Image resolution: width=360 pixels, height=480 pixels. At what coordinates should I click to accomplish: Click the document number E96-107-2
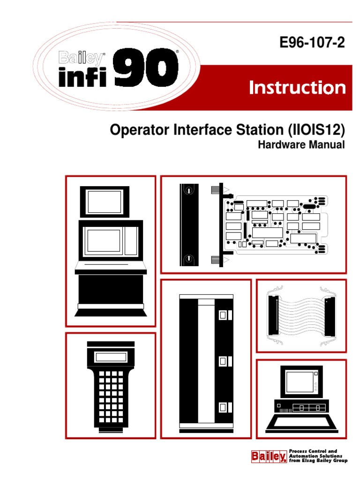[x=312, y=44]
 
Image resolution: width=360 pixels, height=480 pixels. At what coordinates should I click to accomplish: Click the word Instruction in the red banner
[x=297, y=88]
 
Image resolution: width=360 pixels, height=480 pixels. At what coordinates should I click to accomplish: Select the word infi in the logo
[x=83, y=76]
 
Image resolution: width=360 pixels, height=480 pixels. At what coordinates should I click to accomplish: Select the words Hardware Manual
[x=301, y=145]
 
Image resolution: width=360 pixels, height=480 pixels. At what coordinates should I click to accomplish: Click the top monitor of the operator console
[x=104, y=202]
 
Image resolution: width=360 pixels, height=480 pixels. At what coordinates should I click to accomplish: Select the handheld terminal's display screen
[x=111, y=357]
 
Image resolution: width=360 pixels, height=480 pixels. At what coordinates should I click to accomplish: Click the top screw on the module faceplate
[x=188, y=191]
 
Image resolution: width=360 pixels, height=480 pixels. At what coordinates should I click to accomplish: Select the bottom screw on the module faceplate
[x=188, y=259]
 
